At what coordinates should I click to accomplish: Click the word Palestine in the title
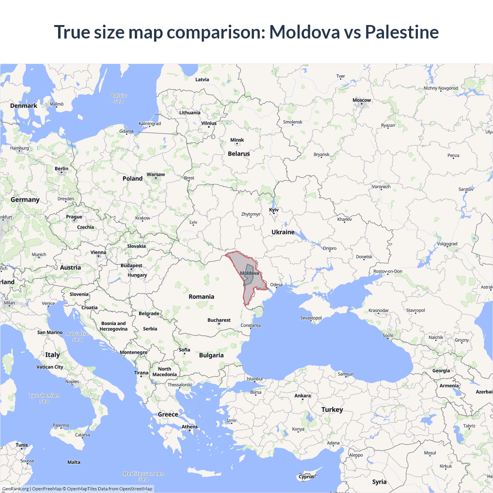pos(402,32)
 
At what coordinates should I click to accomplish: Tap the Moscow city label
pos(362,100)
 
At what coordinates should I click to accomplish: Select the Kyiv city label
pos(274,210)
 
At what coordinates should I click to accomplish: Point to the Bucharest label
pos(219,320)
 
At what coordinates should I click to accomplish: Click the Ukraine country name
pos(283,232)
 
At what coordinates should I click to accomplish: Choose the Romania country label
pos(201,297)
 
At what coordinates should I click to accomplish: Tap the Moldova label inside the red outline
pos(250,273)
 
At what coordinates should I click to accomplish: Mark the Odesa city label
pos(276,285)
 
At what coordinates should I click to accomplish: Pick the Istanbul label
pos(255,379)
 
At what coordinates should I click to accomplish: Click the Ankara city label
pos(302,396)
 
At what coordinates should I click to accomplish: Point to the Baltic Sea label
pos(119,98)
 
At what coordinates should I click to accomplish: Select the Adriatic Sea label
pos(77,337)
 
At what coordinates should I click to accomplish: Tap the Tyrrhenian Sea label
pos(44,398)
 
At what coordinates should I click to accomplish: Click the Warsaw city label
pos(156,174)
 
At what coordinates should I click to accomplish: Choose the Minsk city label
pos(237,140)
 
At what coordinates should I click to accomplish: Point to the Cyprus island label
pos(306,477)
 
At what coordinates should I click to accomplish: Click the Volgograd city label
pos(447,244)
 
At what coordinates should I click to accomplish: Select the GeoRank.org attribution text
pos(15,489)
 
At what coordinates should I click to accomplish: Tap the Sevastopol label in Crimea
pos(311,318)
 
